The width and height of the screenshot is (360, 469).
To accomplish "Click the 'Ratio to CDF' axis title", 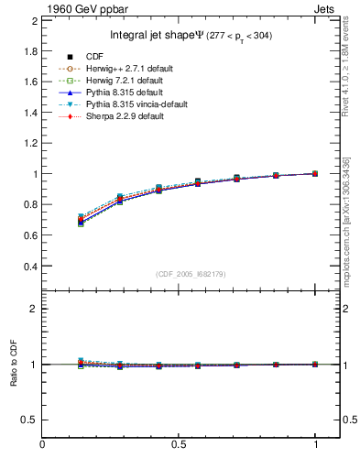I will click(x=14, y=363).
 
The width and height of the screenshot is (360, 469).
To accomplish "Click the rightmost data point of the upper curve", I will click(x=315, y=173).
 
